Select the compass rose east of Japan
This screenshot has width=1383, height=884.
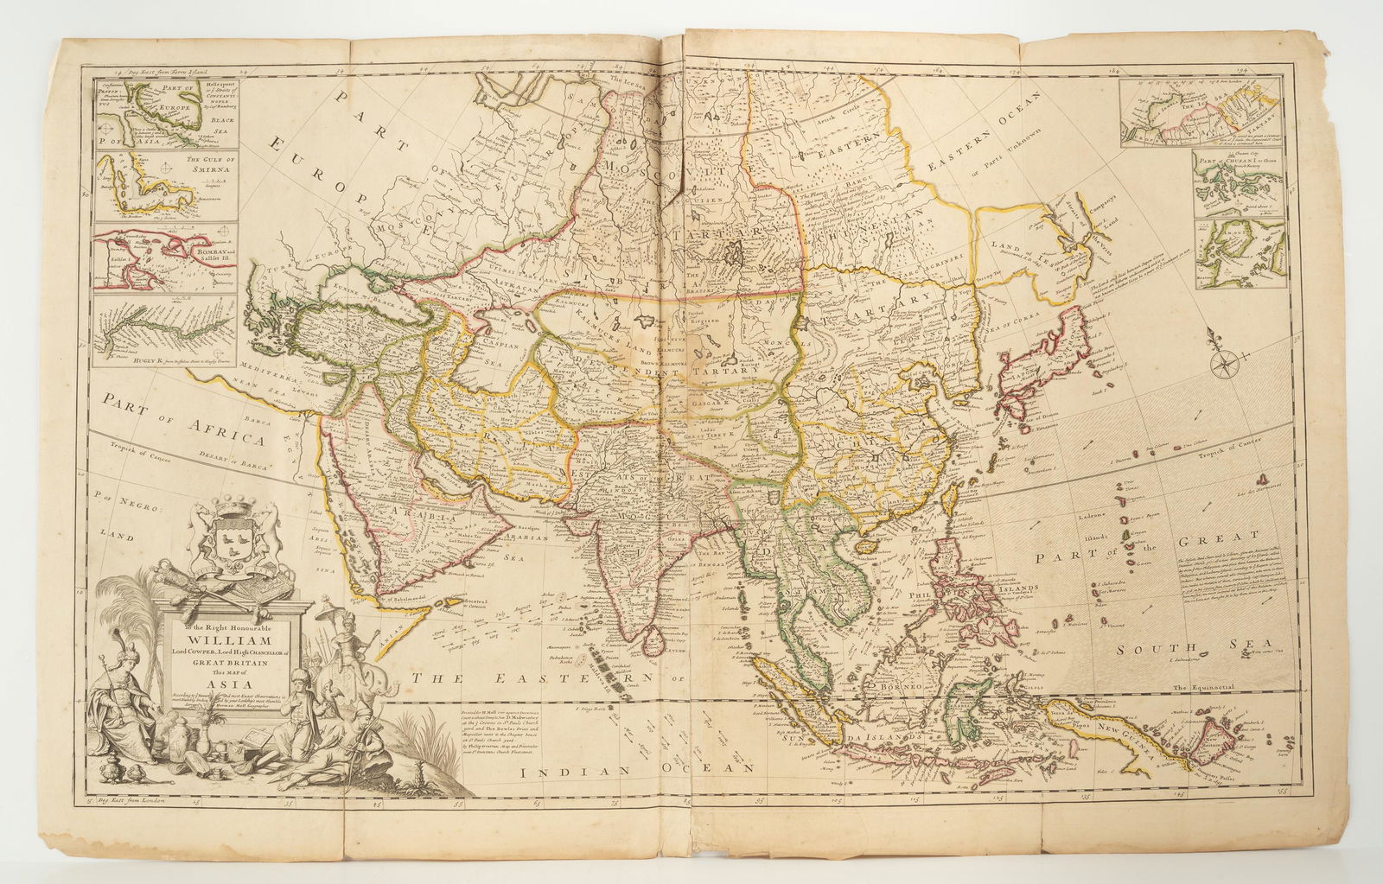1227,361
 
